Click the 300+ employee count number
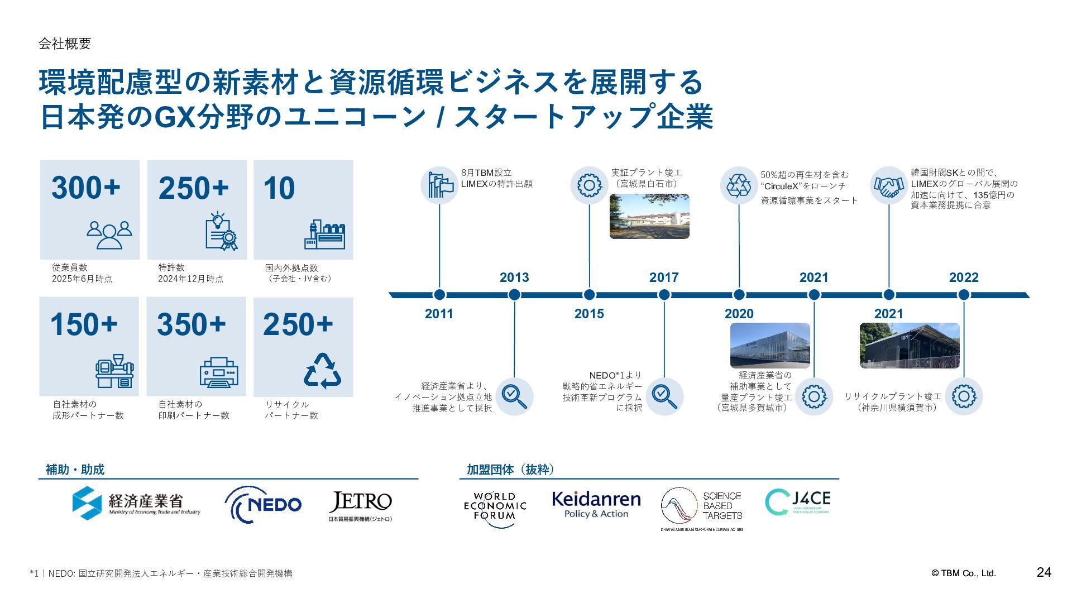coord(86,188)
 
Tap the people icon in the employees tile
coord(109,234)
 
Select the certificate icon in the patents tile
coord(221,231)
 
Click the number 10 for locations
coord(279,188)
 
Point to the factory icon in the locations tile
coord(325,234)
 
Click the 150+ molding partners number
coord(84,324)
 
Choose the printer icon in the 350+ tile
coord(219,372)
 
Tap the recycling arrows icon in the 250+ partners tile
coord(323,371)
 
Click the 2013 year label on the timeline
coord(514,277)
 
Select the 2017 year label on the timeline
coord(664,277)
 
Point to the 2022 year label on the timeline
coord(964,277)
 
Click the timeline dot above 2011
coord(439,295)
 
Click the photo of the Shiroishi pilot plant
coord(649,217)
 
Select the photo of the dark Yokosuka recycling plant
coord(910,346)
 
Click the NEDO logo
coord(263,504)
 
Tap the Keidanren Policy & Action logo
coord(596,504)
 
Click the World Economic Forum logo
coord(495,506)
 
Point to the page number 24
coord(1044,572)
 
